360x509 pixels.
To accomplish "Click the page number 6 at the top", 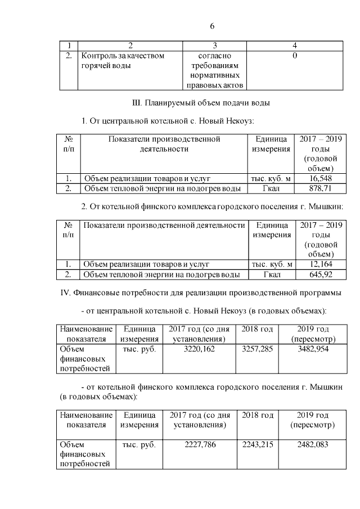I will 212,26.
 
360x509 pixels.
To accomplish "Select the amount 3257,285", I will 257,349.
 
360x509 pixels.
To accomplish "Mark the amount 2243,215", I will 257,444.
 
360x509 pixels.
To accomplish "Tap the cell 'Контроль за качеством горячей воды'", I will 123,61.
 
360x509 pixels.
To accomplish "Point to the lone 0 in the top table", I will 295,56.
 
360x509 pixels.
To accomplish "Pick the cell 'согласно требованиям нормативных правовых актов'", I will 214,71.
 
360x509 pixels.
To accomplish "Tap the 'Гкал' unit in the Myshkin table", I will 271,274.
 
